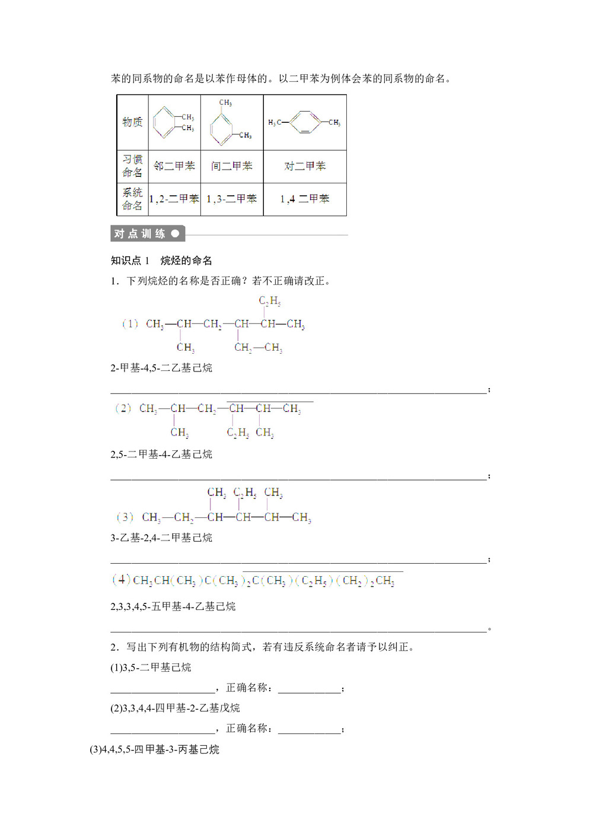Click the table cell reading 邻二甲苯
pyautogui.click(x=174, y=166)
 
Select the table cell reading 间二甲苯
pyautogui.click(x=232, y=166)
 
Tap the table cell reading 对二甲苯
pyautogui.click(x=305, y=166)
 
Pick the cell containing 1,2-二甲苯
pyautogui.click(x=174, y=199)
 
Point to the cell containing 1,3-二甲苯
pyautogui.click(x=232, y=199)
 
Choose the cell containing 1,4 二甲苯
pyautogui.click(x=305, y=199)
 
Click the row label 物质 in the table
pyautogui.click(x=132, y=122)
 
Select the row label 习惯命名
pyautogui.click(x=132, y=166)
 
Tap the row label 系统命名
pyautogui.click(x=132, y=199)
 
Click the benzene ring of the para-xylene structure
pyautogui.click(x=305, y=122)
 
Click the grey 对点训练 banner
pyautogui.click(x=148, y=234)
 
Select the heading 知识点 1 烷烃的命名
pyautogui.click(x=161, y=260)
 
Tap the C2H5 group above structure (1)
pyautogui.click(x=269, y=301)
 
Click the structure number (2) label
pyautogui.click(x=123, y=408)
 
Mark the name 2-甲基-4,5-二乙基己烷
pyautogui.click(x=161, y=368)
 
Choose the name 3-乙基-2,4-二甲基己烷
pyautogui.click(x=161, y=538)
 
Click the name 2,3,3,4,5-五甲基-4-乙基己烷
pyautogui.click(x=173, y=606)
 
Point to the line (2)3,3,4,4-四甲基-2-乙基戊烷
pyautogui.click(x=176, y=708)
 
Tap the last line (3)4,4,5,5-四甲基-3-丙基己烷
pyautogui.click(x=155, y=749)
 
